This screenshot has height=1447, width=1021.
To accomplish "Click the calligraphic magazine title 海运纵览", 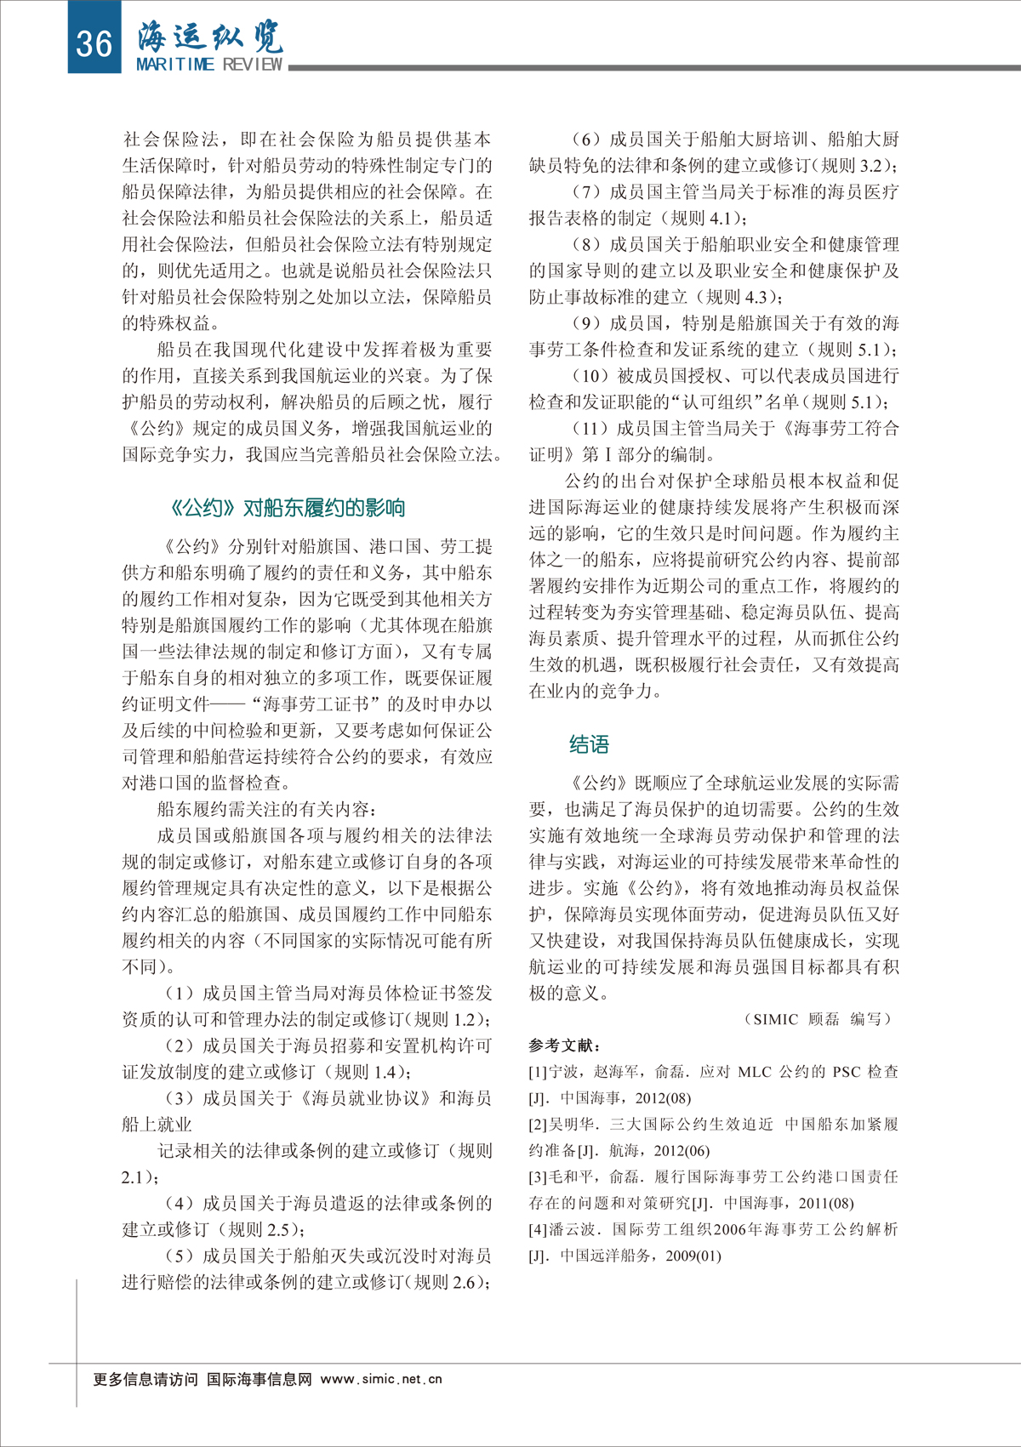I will pos(209,37).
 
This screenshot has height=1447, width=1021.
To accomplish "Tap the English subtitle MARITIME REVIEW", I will pos(209,65).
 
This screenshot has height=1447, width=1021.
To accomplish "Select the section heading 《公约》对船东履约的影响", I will pos(288,508).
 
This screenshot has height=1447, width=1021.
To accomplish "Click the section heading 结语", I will pos(589,744).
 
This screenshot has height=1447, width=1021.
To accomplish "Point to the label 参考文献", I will pos(564,1045).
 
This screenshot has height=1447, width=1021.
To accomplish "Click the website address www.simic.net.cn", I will pos(381,1379).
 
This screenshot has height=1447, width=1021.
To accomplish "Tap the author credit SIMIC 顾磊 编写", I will pos(818,1019).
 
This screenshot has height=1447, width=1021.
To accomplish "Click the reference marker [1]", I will pos(538,1072).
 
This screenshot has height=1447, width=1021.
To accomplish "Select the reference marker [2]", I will pos(538,1125).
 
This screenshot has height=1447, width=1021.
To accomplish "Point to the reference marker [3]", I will pos(538,1177).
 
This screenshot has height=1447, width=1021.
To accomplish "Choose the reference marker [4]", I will pos(538,1230).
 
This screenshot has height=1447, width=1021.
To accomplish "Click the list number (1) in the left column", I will pos(180,993).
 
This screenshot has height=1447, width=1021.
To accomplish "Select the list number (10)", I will pos(590,375).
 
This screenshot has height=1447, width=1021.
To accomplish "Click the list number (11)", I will pos(590,428).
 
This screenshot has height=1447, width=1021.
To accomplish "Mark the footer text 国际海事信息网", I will pos(260,1379).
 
